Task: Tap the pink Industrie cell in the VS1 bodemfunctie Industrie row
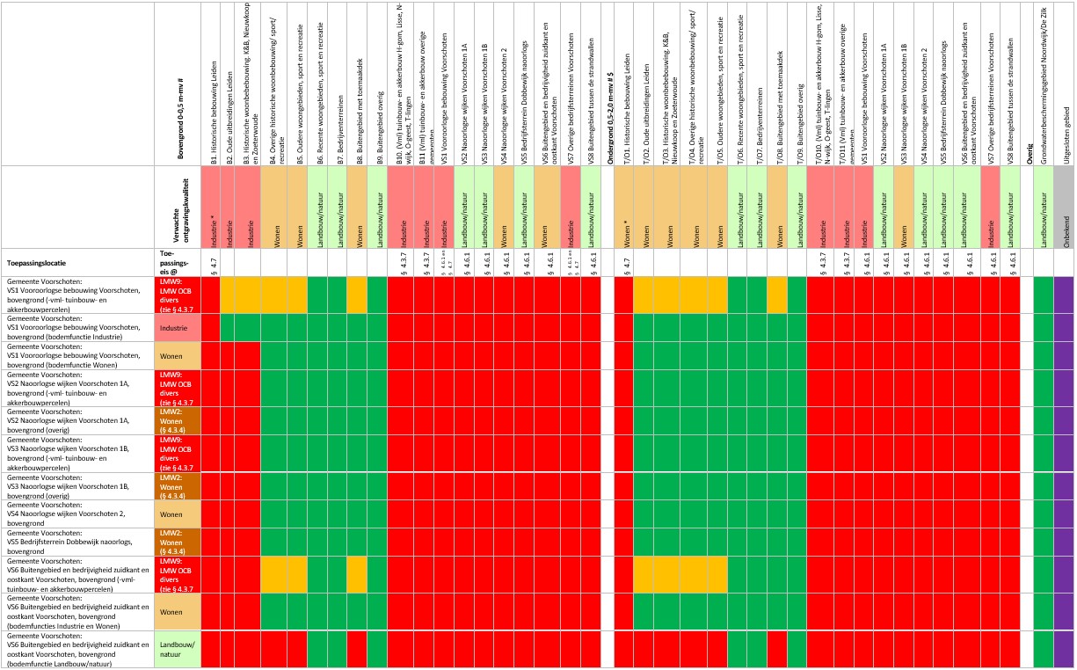178,327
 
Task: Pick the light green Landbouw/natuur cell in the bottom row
178,650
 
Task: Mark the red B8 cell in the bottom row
357,650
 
